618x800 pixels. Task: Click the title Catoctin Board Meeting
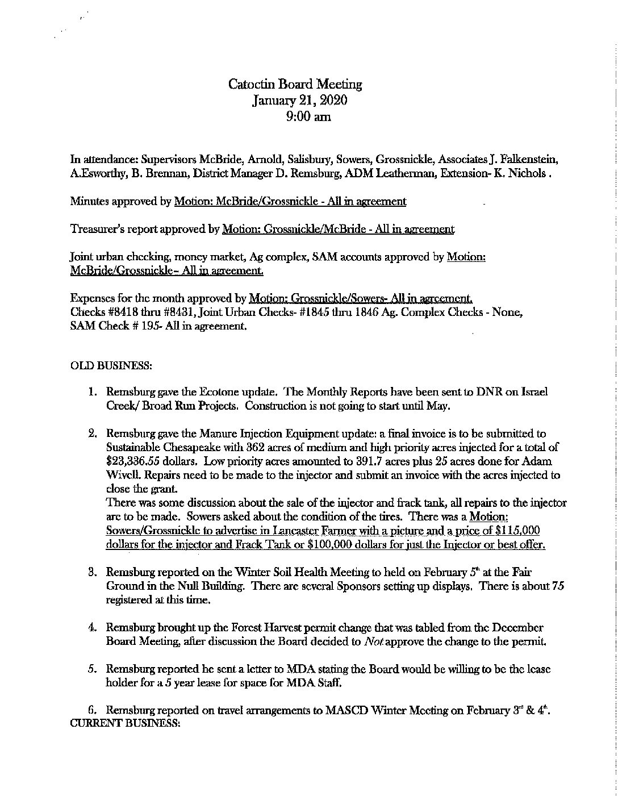295,85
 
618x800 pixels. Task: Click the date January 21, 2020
295,101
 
